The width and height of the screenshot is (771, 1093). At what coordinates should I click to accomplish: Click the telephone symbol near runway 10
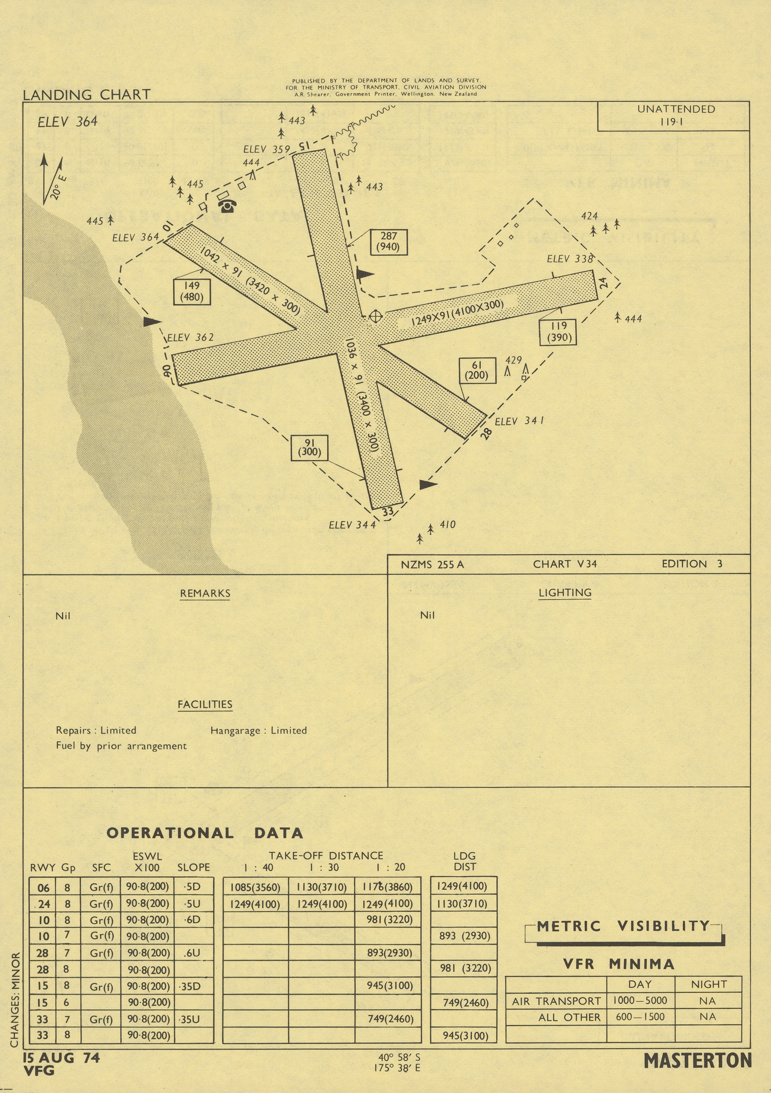coord(227,206)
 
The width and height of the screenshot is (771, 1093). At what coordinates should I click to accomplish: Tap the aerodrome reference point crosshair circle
coord(376,316)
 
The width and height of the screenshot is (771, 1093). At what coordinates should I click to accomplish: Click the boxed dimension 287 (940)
coord(388,242)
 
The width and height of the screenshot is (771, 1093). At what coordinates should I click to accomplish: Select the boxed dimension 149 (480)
coord(192,291)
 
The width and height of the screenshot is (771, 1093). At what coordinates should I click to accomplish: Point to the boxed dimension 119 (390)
coord(558,332)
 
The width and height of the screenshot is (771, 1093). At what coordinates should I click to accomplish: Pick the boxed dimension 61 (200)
coord(477,370)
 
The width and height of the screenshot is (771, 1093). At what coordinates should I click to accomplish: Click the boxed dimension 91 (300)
coord(309,447)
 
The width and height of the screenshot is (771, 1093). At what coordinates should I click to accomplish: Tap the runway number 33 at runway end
coord(388,511)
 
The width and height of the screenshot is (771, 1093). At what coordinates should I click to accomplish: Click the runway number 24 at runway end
coord(603,283)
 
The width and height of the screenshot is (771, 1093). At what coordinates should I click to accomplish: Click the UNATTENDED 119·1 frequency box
coord(673,116)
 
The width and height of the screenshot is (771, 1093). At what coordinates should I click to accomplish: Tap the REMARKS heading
coord(205,594)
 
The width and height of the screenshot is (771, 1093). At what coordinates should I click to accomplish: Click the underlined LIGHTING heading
coord(565,593)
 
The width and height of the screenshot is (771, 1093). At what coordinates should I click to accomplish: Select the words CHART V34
coord(565,564)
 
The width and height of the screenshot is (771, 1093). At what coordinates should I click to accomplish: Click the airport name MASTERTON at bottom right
coord(698,1061)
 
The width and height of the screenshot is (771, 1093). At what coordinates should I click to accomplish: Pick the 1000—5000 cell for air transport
coord(640,1001)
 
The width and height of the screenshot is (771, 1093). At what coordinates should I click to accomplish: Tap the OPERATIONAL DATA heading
coord(205,833)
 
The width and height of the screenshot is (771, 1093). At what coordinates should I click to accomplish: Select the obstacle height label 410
coord(447,525)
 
